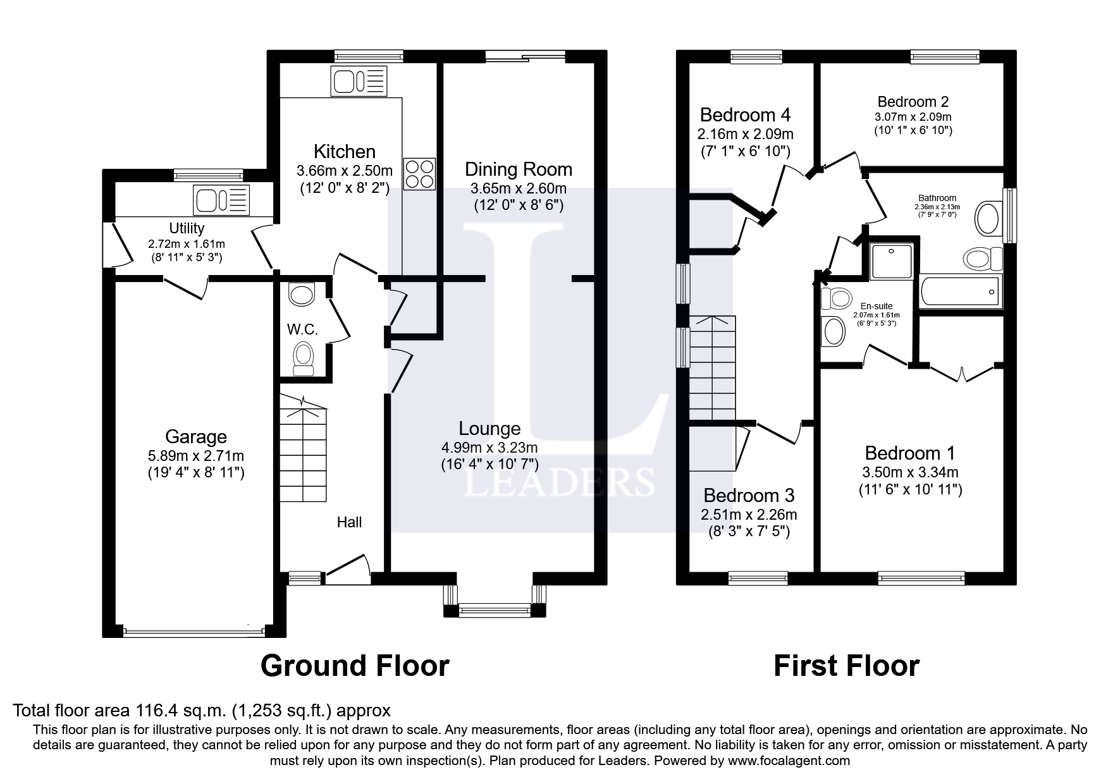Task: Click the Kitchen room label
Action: point(345,152)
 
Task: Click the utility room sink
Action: point(222,200)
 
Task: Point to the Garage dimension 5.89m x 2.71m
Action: point(196,456)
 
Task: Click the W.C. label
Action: point(302,329)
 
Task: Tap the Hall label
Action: point(349,522)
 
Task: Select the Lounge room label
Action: point(489,429)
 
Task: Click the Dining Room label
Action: point(519,169)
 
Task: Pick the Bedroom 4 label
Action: point(746,115)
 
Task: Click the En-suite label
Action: point(877,306)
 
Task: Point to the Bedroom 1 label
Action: point(910,453)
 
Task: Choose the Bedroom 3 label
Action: point(749,495)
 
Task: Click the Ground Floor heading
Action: point(355,666)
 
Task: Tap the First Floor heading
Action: point(847,666)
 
